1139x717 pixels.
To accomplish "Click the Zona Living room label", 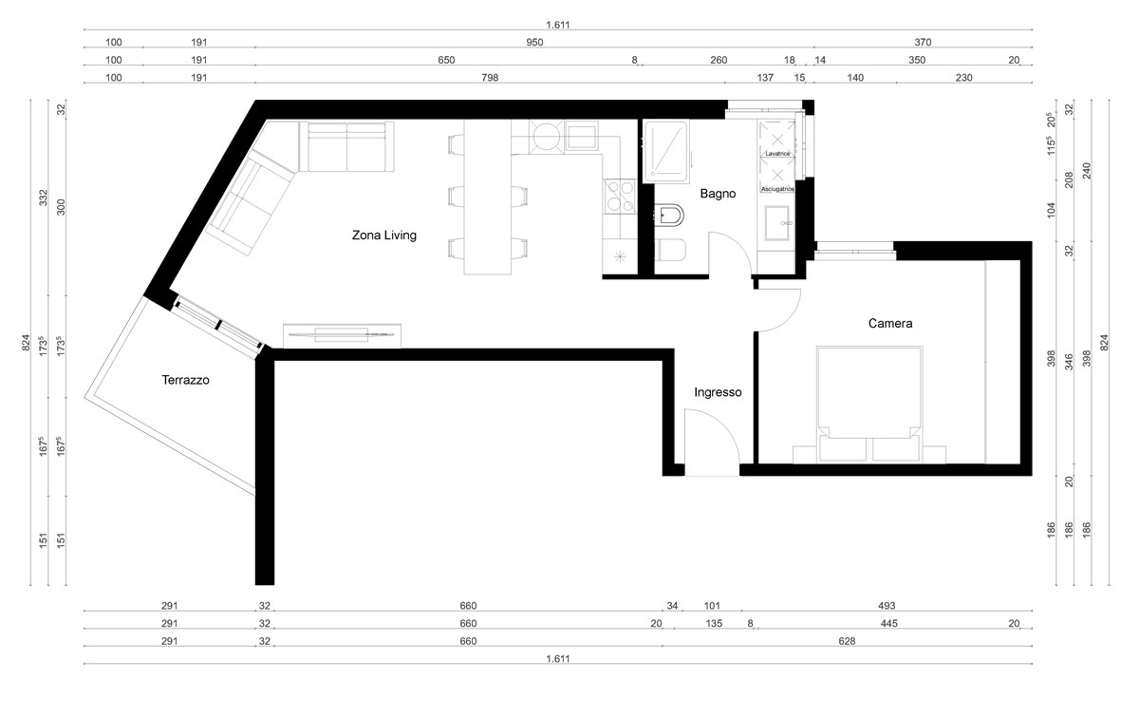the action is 383,236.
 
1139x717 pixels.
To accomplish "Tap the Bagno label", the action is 718,194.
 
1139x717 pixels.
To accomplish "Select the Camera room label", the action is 890,323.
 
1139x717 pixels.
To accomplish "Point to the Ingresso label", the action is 718,392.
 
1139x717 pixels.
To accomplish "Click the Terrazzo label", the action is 185,380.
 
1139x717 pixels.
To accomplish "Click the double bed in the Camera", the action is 869,405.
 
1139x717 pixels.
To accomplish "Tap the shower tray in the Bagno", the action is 666,151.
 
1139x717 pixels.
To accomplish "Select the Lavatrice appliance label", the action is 777,153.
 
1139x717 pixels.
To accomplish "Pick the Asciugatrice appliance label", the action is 777,189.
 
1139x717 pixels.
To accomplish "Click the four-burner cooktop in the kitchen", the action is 620,197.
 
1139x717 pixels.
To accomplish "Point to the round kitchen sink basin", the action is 546,137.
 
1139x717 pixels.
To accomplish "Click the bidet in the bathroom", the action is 669,216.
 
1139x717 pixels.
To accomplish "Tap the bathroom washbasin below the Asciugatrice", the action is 777,222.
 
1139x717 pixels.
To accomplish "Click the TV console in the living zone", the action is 342,335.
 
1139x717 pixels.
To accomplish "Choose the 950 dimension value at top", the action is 534,42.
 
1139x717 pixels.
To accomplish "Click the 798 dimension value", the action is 490,78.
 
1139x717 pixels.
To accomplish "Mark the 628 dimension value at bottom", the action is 847,641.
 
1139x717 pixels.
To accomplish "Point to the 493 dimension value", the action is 887,606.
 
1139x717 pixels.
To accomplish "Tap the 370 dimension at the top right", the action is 923,42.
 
